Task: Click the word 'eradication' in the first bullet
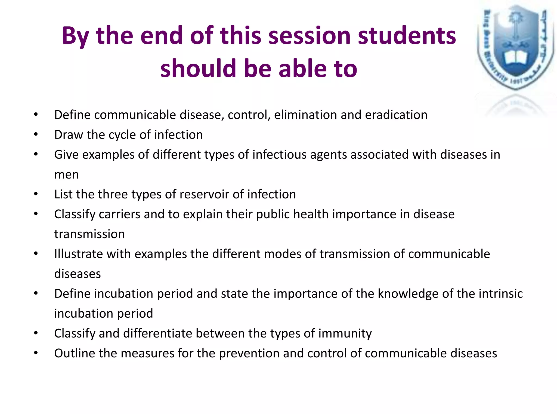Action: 396,115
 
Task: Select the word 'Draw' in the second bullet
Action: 69,135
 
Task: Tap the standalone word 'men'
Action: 67,174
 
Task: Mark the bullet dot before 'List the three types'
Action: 36,194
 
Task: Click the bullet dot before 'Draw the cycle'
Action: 36,134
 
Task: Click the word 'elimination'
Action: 305,115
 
